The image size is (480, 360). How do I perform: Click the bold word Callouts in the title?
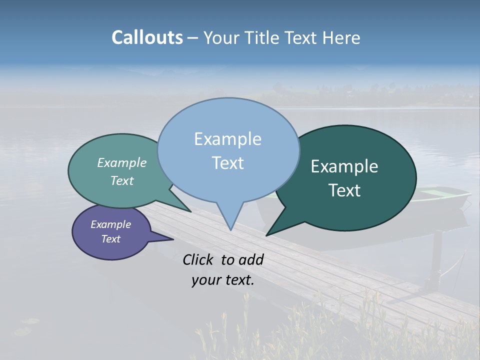coord(147,37)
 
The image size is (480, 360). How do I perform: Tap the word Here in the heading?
coord(341,37)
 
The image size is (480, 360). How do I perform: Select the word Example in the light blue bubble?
coord(227,139)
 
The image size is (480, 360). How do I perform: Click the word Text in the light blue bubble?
coord(227,163)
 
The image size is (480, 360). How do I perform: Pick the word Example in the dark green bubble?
coord(344,166)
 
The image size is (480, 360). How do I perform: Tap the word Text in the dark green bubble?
coord(344,190)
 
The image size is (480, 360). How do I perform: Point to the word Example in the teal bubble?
coord(122,162)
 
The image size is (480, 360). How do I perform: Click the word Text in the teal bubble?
coord(122,180)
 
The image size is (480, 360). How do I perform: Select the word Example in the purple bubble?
coord(110,224)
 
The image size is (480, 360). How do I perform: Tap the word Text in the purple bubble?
coord(110,239)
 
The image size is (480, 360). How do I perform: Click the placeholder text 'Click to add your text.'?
coord(223,269)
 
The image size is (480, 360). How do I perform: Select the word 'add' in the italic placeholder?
coord(251,260)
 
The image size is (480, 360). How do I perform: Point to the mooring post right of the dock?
coord(436,260)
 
